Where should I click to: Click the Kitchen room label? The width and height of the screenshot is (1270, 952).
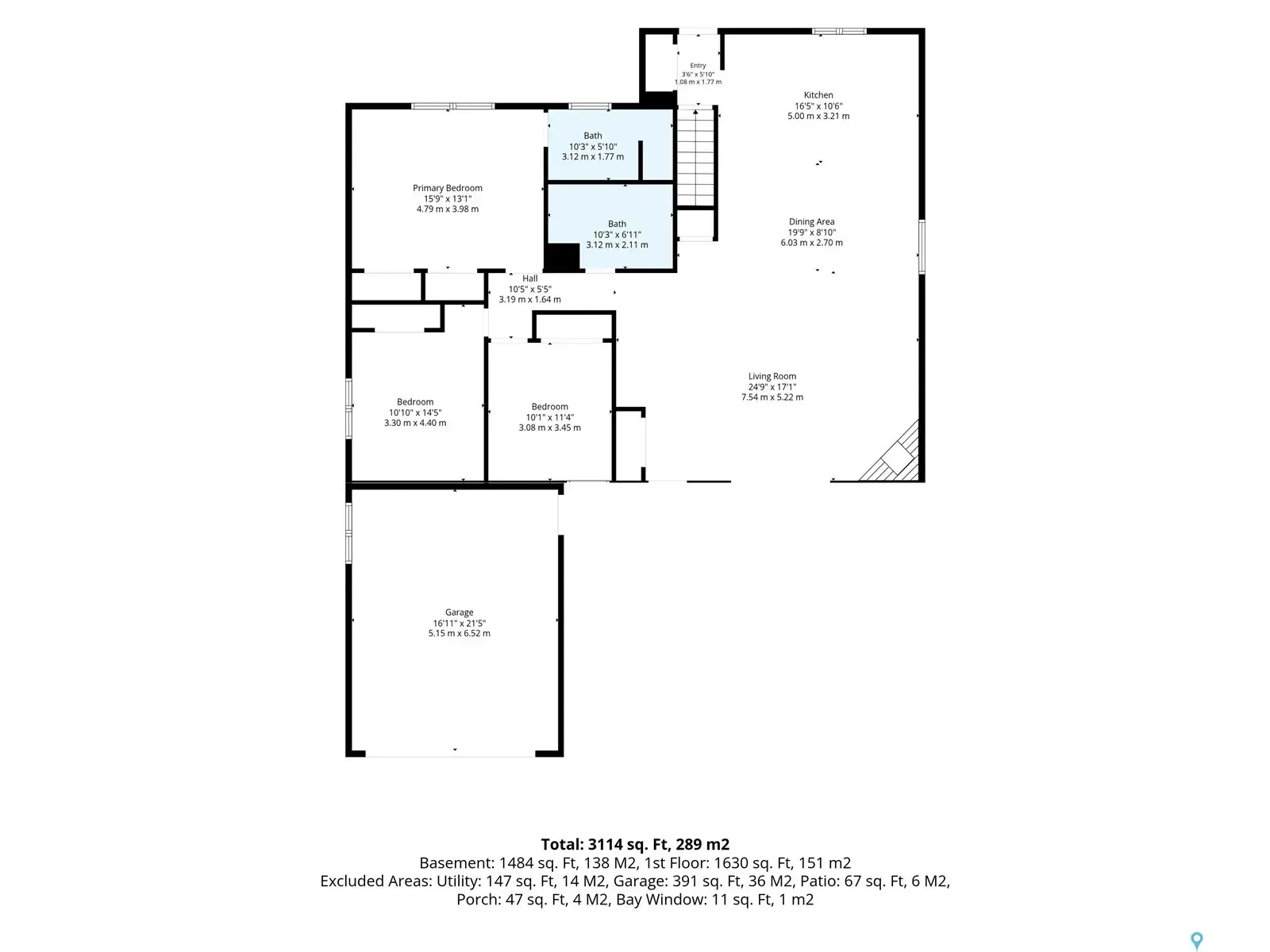pos(818,95)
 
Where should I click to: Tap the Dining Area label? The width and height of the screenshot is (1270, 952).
pos(811,222)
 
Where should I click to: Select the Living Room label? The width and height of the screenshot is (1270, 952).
pos(772,376)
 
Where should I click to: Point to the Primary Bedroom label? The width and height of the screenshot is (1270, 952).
pos(447,189)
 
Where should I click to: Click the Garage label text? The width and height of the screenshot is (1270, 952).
pos(459,612)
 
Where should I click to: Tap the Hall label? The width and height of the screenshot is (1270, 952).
pos(529,278)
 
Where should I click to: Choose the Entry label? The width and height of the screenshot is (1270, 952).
pos(698,66)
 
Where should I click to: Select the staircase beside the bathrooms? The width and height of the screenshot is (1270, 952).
pos(696,156)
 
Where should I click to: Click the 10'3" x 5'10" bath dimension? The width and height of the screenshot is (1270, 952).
pos(592,147)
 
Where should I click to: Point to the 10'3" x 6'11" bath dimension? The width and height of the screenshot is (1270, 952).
pos(617,235)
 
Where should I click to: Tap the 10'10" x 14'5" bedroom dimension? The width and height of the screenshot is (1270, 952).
pos(415,413)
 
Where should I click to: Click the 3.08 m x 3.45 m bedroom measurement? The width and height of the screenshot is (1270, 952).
pos(549,428)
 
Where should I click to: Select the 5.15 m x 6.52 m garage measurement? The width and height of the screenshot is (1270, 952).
pos(459,634)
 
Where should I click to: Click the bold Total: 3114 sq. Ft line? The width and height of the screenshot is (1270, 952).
pos(635,844)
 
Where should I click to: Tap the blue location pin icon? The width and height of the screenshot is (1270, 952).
pos(1196,939)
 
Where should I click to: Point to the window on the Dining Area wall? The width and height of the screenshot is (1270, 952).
pos(922,247)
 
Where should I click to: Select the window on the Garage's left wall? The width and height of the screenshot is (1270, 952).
pos(348,533)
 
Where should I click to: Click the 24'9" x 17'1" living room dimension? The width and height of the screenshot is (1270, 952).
pos(772,387)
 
